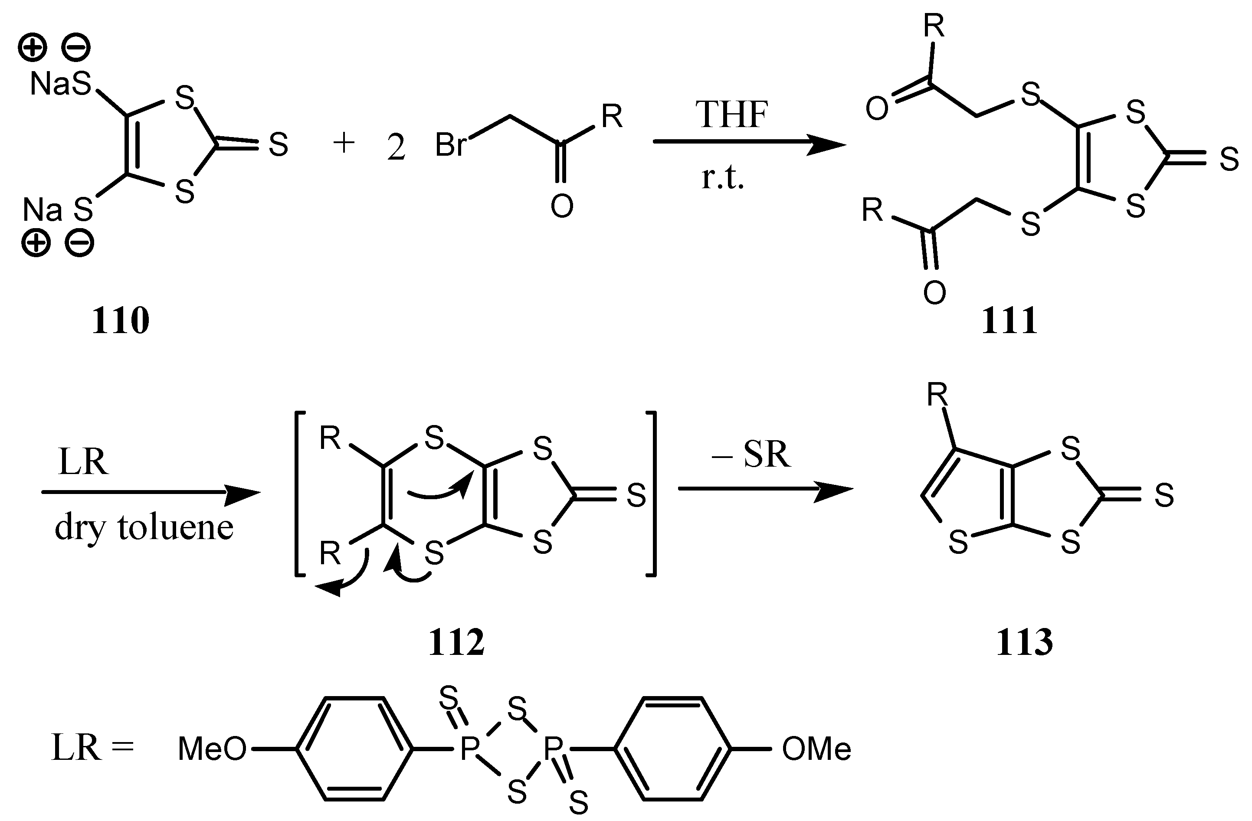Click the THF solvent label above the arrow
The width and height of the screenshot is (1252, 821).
click(732, 114)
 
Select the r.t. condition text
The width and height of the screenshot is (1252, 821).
click(723, 179)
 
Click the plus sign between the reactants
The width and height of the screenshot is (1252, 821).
click(344, 143)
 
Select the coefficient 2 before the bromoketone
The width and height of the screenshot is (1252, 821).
click(396, 148)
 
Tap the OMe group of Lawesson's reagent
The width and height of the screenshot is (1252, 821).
click(816, 749)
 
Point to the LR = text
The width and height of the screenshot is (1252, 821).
click(92, 748)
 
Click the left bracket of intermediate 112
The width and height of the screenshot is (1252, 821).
click(300, 495)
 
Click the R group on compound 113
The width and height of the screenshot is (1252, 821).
click(937, 395)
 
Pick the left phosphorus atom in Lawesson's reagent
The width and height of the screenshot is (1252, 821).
click(469, 749)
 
